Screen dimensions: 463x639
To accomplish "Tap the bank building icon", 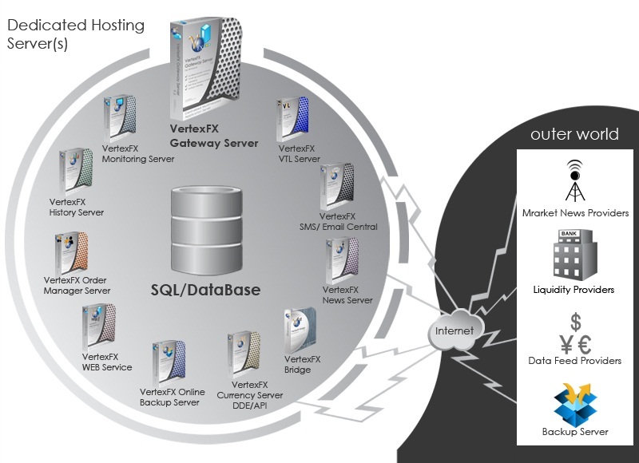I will pos(574,255).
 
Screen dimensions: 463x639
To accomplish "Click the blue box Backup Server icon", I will pos(575,402).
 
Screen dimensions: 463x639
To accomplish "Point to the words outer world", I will pos(574,134).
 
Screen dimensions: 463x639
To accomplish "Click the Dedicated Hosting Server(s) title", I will pos(76,34).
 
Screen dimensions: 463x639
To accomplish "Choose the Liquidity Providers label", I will pos(575,290).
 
